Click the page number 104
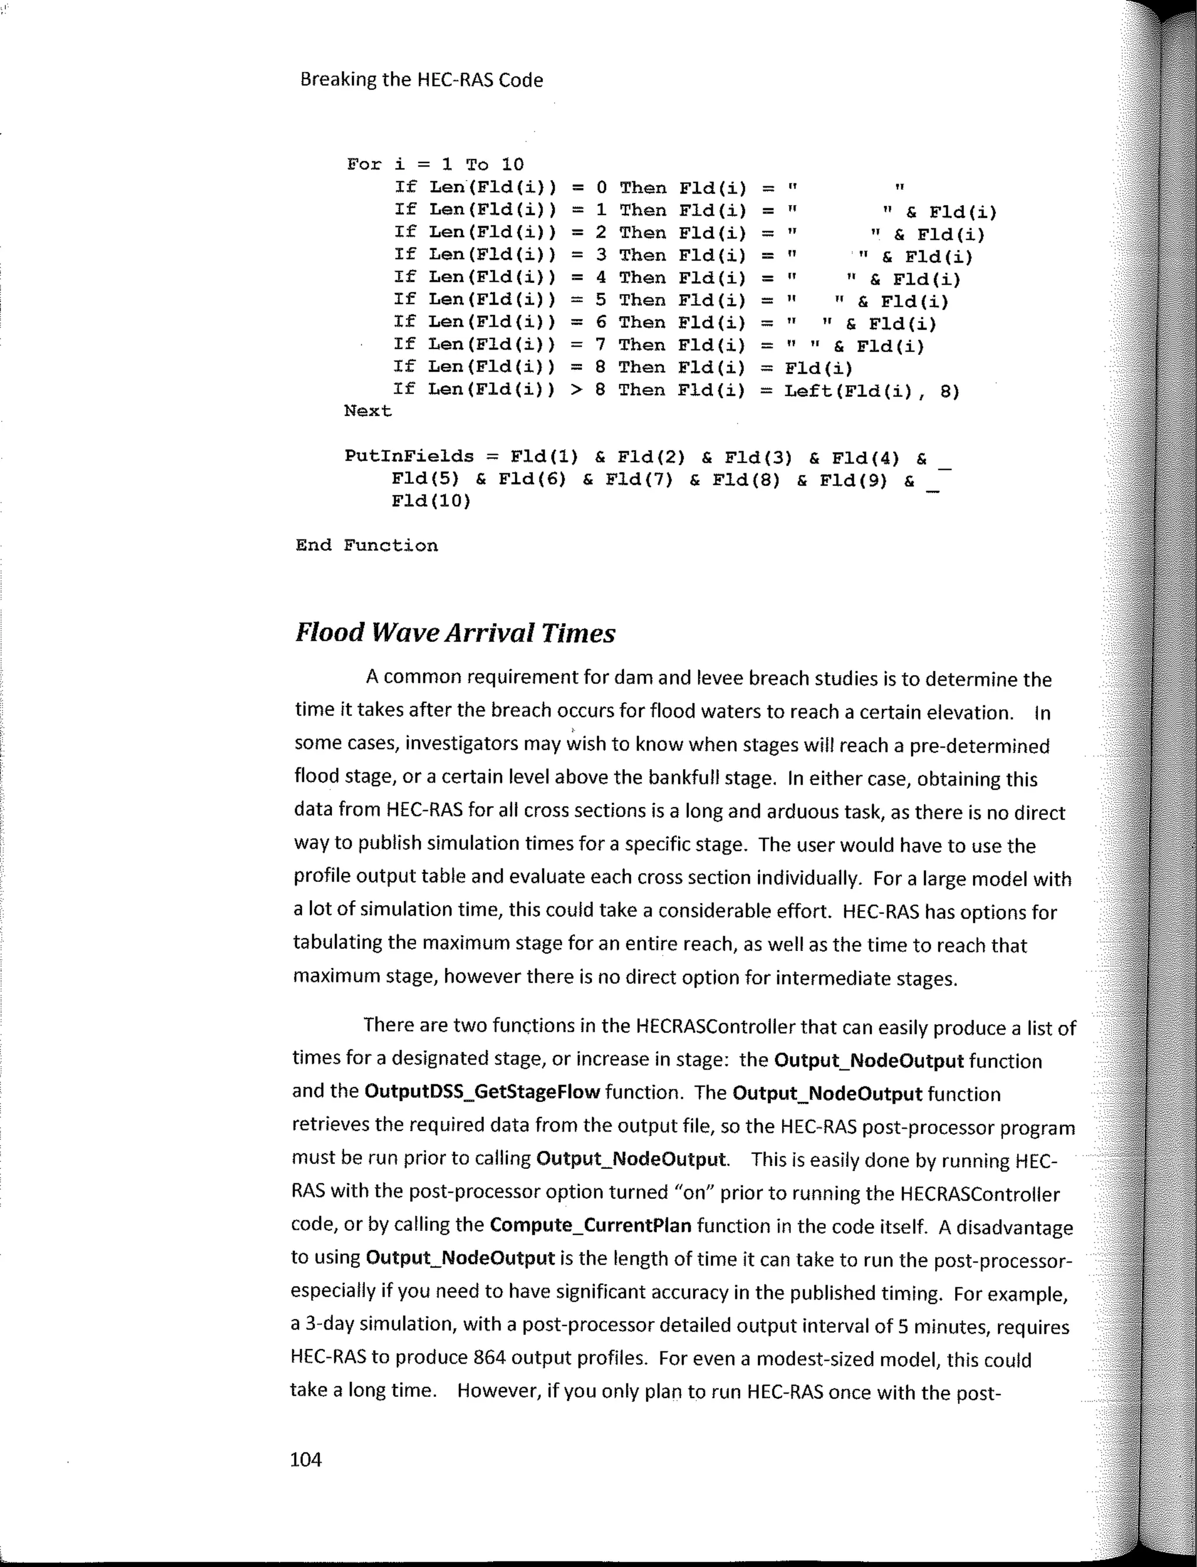pyautogui.click(x=306, y=1459)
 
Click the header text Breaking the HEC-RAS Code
pyautogui.click(x=421, y=80)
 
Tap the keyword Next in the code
pyautogui.click(x=368, y=411)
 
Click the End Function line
pyautogui.click(x=366, y=546)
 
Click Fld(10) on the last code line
pyautogui.click(x=431, y=501)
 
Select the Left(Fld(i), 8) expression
pyautogui.click(x=872, y=390)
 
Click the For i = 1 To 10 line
pyautogui.click(x=435, y=165)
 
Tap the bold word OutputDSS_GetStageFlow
pyautogui.click(x=482, y=1092)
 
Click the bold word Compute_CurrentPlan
pyautogui.click(x=591, y=1226)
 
